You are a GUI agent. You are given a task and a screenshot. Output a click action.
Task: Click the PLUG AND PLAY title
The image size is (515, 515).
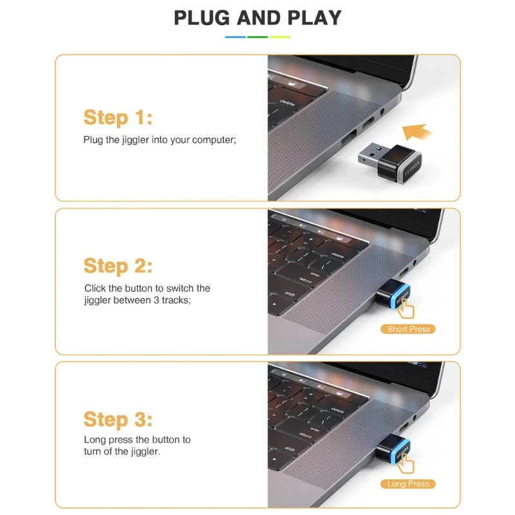coord(257,18)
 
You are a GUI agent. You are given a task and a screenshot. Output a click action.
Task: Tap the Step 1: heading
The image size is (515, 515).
coord(118,118)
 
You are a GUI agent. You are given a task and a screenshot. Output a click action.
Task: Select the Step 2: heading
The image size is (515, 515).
coord(118,266)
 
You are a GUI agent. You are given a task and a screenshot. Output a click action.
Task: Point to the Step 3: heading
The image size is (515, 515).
coord(118,420)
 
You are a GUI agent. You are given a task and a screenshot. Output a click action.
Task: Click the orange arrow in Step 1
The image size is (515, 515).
coord(417,132)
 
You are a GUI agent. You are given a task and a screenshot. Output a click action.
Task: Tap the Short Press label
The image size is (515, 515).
coord(408,329)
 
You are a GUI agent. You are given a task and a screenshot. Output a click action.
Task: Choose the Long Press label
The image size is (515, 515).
coord(408,484)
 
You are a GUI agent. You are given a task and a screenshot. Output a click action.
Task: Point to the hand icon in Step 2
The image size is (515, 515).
coord(406,309)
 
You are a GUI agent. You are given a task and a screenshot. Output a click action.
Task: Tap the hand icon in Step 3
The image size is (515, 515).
coord(406,464)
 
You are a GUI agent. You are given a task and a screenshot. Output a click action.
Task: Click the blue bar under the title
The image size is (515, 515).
coord(235,37)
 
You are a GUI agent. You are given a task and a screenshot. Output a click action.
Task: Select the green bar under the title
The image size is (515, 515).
coord(257,37)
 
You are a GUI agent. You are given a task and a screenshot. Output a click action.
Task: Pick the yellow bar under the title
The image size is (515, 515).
coord(280,37)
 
